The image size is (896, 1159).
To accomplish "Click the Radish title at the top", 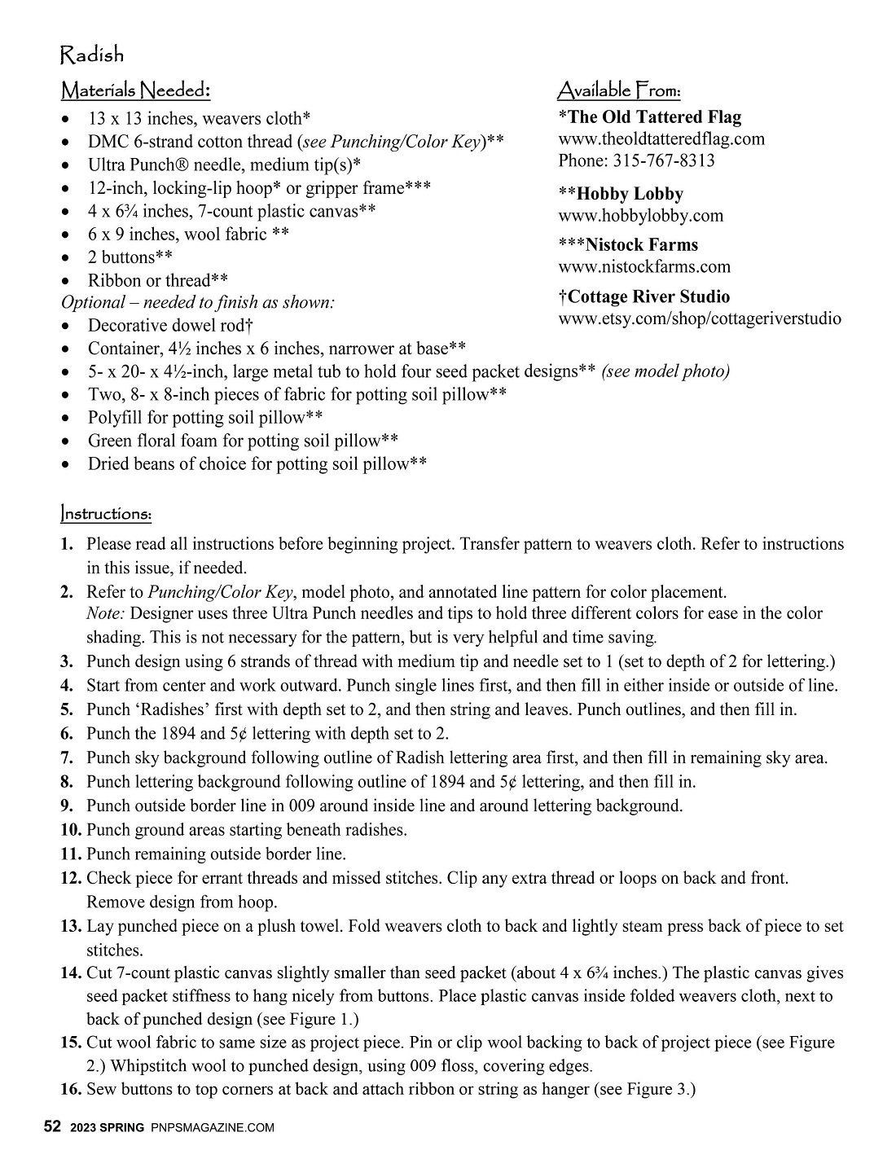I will [x=92, y=55].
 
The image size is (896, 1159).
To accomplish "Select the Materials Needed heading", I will [x=136, y=90].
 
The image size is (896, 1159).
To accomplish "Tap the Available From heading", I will [x=619, y=90].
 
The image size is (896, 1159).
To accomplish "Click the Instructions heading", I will [x=106, y=514].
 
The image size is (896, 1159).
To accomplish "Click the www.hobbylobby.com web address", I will [x=640, y=216].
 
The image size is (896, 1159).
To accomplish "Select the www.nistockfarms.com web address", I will [x=643, y=267].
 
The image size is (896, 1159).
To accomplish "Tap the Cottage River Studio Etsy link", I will [x=700, y=318].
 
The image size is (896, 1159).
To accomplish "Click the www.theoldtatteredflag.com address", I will [x=661, y=138].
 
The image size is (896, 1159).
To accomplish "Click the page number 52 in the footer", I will [x=52, y=1127].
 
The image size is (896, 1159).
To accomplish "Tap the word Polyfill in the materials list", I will [x=117, y=418].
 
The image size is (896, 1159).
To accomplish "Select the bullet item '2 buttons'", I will [x=130, y=257].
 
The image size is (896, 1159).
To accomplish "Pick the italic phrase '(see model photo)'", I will [x=665, y=372].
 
